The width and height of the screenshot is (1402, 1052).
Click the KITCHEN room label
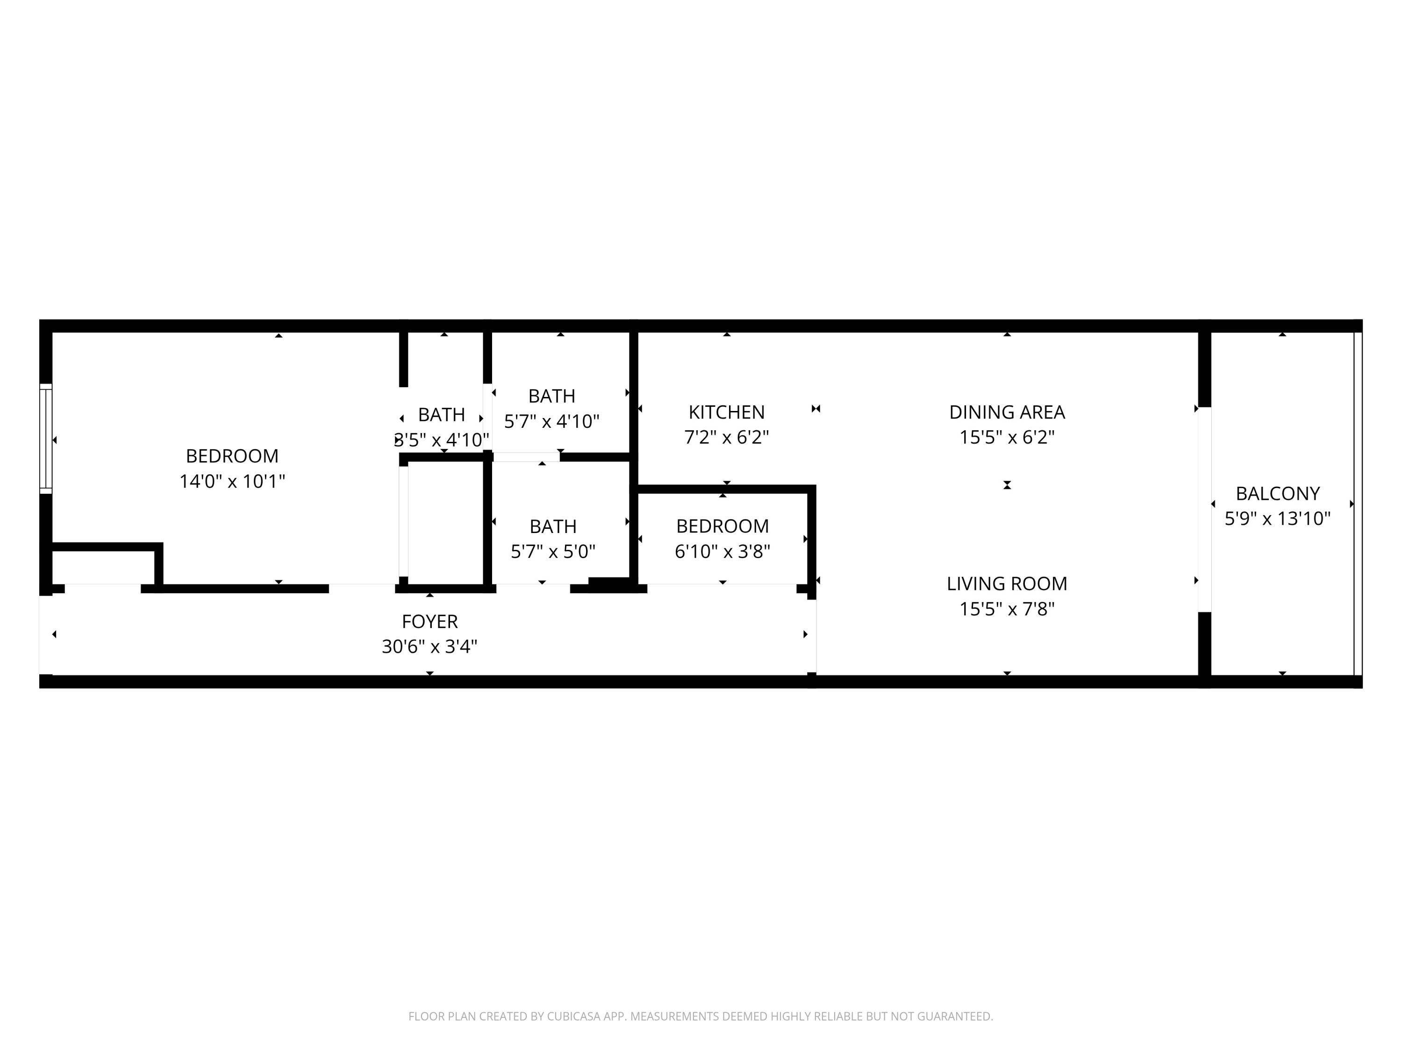(726, 412)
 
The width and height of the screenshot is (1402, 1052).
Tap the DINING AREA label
(1007, 412)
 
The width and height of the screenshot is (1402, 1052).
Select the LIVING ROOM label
(1007, 584)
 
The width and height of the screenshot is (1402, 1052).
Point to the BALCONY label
(1278, 493)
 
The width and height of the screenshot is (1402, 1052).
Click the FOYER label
(430, 621)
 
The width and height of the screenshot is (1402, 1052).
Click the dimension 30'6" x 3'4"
(430, 647)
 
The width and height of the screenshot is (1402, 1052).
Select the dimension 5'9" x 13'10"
(1278, 519)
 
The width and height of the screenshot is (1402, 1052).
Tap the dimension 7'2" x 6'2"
(726, 437)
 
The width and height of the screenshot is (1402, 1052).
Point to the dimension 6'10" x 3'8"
(722, 551)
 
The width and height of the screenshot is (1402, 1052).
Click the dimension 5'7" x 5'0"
(553, 551)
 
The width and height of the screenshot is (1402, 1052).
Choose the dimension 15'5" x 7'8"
(1007, 609)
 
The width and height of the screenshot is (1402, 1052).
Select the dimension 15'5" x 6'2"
(1007, 437)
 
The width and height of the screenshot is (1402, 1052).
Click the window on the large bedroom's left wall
(46, 438)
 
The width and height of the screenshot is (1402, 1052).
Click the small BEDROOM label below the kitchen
(722, 526)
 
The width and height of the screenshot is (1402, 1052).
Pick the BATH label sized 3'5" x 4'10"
(442, 415)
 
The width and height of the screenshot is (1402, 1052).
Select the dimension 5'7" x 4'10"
(552, 421)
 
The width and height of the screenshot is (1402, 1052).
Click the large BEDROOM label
(232, 456)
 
